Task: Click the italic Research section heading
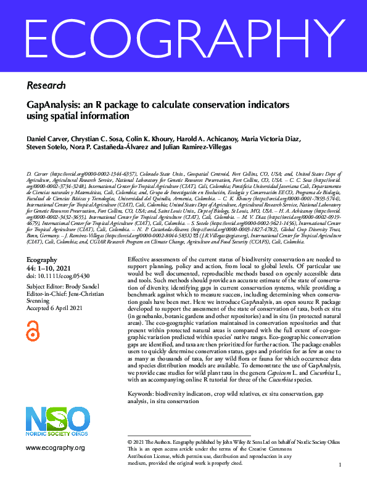[x=43, y=85]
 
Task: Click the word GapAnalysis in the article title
[x=54, y=105]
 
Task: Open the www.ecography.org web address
[x=56, y=447]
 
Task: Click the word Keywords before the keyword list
[x=142, y=393]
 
